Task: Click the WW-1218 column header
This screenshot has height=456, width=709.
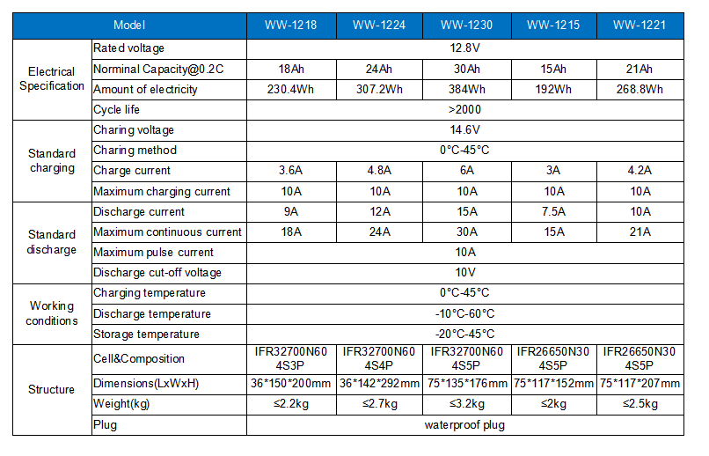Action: [x=291, y=25]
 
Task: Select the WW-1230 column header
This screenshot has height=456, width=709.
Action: [x=466, y=25]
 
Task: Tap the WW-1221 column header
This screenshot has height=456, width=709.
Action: [x=640, y=25]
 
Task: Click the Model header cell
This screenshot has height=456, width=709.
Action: [x=129, y=25]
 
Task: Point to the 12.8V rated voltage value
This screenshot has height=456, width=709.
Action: [x=464, y=48]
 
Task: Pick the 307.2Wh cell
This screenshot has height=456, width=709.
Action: [x=379, y=89]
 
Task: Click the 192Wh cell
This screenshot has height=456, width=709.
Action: [x=553, y=89]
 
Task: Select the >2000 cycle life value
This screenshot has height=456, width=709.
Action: [x=464, y=109]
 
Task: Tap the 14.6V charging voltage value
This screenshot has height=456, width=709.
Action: [x=464, y=129]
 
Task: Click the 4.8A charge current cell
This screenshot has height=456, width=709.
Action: [x=379, y=171]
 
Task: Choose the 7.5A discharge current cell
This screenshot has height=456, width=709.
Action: [x=553, y=211]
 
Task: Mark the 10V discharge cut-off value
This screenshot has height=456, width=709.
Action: [x=464, y=272]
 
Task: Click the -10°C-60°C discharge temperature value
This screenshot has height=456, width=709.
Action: [x=464, y=313]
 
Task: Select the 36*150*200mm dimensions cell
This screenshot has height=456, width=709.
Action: [x=291, y=384]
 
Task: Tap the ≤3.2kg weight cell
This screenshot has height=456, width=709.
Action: [x=466, y=403]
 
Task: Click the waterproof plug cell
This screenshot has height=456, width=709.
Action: [x=464, y=425]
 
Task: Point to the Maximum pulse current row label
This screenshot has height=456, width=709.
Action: [x=153, y=253]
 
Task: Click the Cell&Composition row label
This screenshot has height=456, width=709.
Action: [x=139, y=359]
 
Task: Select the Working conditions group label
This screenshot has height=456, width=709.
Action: [x=52, y=313]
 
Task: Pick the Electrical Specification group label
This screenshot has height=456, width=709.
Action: [x=52, y=78]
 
